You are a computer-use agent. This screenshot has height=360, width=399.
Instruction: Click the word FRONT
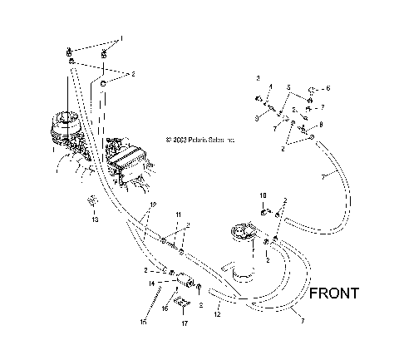pos(333,293)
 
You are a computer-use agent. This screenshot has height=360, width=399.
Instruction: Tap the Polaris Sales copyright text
pos(200,140)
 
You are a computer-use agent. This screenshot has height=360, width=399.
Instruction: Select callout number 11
pos(177,215)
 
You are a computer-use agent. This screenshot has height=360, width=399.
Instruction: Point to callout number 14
pos(151,284)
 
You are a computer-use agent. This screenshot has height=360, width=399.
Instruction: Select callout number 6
pos(328,87)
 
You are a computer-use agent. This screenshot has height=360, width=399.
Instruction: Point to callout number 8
pos(321,124)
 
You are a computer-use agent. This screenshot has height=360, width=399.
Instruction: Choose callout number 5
pos(288,86)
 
